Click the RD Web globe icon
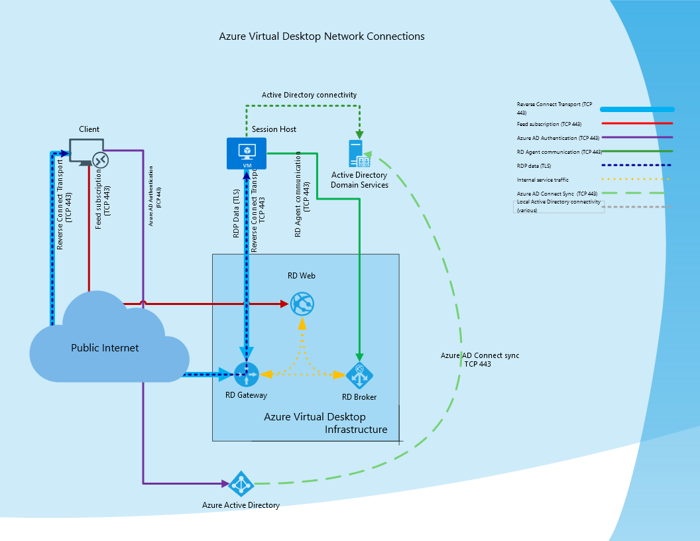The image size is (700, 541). coord(302,304)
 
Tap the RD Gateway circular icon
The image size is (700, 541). coord(247,375)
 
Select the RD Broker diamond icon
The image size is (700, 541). coord(359,375)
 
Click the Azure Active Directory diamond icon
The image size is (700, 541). coord(241,484)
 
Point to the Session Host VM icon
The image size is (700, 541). coord(247,154)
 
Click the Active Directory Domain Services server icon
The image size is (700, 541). coord(359,154)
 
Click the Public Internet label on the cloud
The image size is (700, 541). coord(105,347)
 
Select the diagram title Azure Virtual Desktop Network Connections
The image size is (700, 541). coord(322,36)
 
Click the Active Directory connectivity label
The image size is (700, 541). coord(309,95)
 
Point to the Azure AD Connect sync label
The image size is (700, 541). coord(480,359)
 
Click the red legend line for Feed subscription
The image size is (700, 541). coord(637,123)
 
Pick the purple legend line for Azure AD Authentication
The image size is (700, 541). coord(637,137)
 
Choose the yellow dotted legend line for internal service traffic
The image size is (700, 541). coord(636,179)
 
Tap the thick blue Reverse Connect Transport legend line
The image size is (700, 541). coord(637,109)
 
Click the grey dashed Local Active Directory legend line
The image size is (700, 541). coord(636,207)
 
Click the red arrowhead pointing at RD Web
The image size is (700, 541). coord(284,304)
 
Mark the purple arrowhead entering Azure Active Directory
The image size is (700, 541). coord(225,483)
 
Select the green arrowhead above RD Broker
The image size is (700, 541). coord(359,357)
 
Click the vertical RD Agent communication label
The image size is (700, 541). coord(302,194)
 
